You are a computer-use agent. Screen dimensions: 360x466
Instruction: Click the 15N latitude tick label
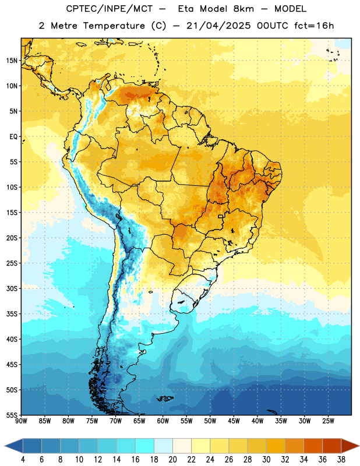point(12,61)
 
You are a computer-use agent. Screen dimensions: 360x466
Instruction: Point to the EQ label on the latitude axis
point(13,137)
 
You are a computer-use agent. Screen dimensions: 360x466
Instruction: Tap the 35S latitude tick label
point(12,314)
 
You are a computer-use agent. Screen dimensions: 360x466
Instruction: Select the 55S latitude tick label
point(12,415)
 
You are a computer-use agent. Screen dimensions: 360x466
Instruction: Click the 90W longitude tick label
point(21,421)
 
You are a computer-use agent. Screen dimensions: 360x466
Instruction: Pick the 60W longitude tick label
point(163,421)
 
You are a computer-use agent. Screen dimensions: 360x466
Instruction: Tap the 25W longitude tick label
point(328,421)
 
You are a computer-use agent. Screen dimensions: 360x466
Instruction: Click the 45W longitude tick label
point(234,421)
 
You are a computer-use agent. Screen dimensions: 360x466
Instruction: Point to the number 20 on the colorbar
point(172,460)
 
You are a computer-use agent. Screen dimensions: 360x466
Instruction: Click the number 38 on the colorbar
point(341,460)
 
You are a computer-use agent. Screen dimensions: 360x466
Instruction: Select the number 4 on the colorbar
point(23,460)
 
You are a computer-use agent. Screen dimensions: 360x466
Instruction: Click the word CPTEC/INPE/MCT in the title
point(109,9)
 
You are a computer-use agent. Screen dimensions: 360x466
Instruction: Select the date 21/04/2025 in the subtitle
point(218,26)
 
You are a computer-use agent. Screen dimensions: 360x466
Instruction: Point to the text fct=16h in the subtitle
point(314,26)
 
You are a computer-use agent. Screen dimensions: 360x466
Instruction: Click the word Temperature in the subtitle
point(114,26)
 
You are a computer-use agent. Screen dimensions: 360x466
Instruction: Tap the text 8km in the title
point(243,9)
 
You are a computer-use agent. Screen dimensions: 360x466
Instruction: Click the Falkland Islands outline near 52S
point(165,398)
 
